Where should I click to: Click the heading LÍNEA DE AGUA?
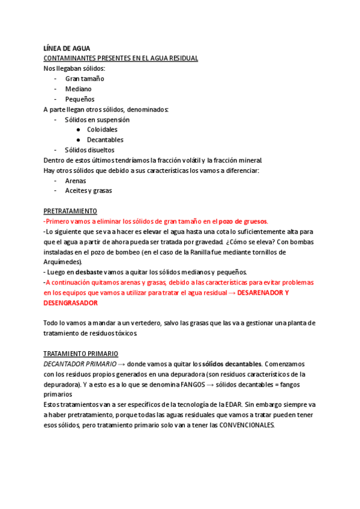coord(67,48)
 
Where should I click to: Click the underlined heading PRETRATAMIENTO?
coord(70,211)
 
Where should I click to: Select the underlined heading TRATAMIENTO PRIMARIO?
coord(81,354)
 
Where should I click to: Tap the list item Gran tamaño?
coord(85,79)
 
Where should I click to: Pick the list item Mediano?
coord(79,89)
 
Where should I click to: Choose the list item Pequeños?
coord(80,99)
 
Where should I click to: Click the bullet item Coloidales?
coord(102,130)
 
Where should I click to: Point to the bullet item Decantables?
coord(105,140)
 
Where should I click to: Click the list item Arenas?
coord(76,181)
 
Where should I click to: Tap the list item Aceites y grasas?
coord(88,191)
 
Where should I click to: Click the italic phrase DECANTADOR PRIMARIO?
coord(79,364)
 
